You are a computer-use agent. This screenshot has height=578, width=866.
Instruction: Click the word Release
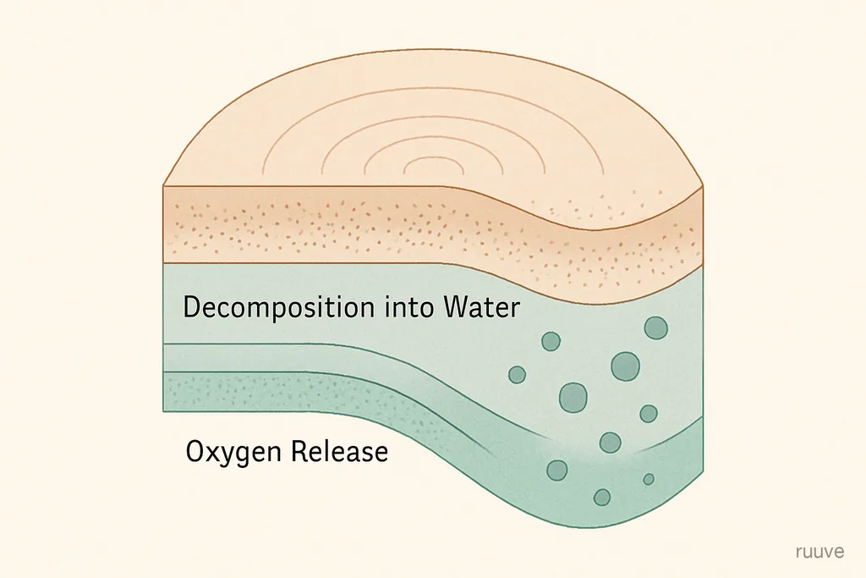coord(340,451)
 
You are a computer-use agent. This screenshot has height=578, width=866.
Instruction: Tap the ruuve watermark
coord(820,552)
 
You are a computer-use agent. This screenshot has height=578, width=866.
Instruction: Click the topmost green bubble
coord(655,328)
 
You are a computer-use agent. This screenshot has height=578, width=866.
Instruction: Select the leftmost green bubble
coord(517,375)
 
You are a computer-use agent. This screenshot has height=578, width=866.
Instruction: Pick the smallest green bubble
coord(649,479)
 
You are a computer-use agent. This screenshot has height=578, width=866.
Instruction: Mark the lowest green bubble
coord(602,498)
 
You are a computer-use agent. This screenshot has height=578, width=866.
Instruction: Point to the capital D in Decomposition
coord(192,308)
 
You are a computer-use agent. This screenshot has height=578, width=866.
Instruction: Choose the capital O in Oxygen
coord(195,451)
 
